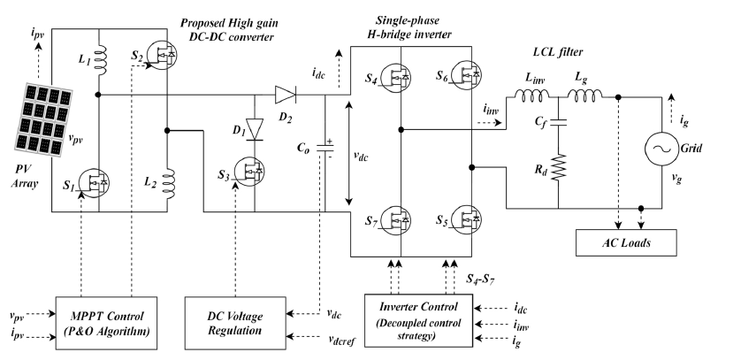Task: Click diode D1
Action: (x=255, y=129)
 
